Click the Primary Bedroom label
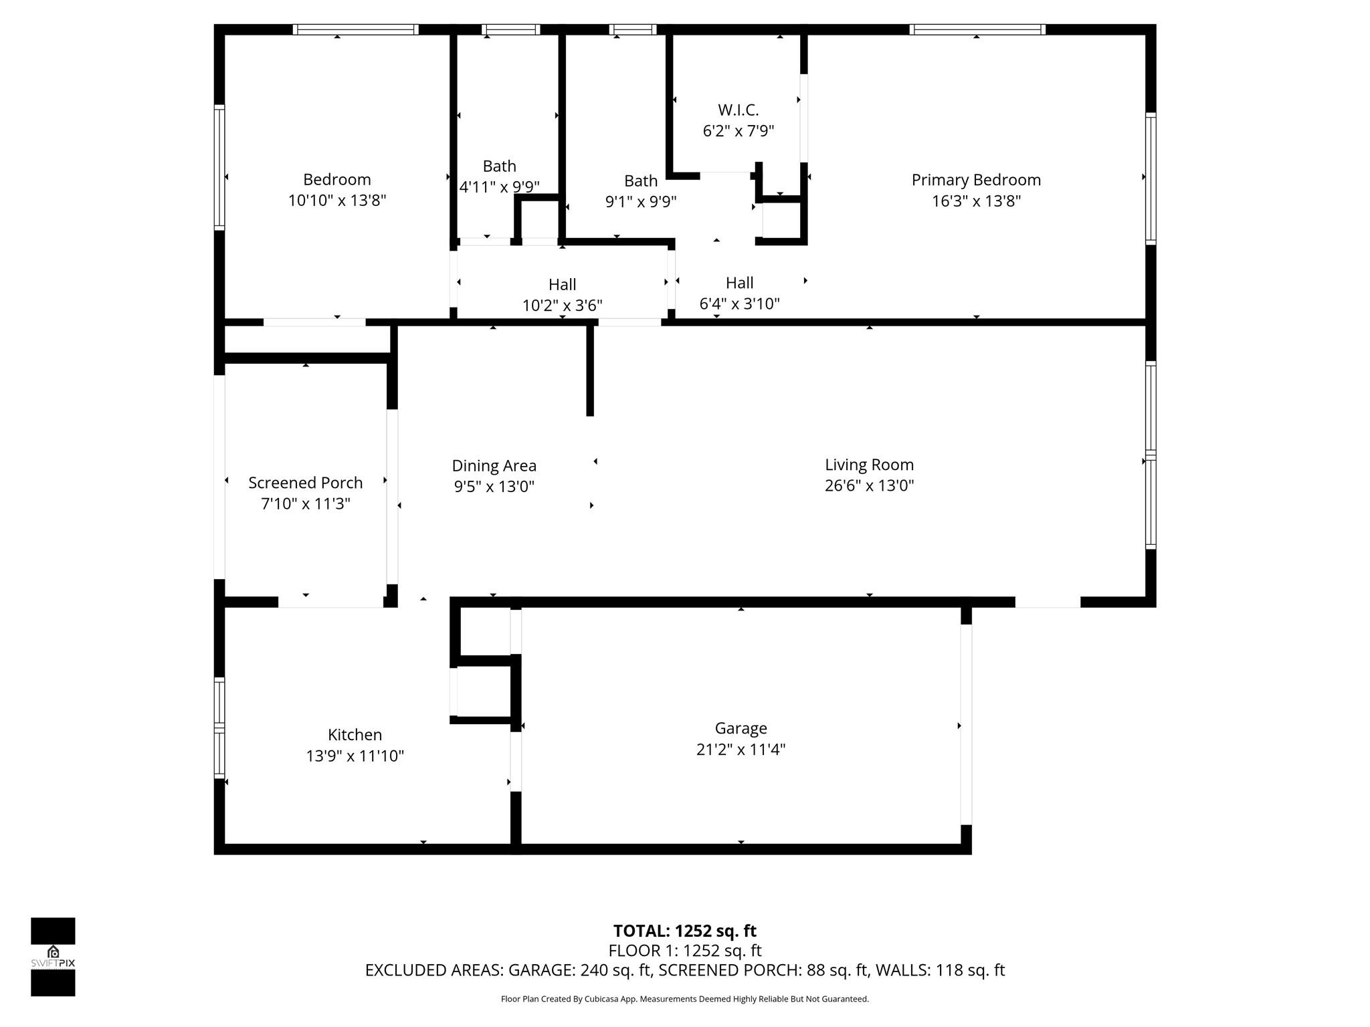coord(976,180)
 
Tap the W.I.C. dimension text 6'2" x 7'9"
coord(738,131)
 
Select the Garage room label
coord(741,728)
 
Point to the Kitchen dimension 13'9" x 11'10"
coord(355,756)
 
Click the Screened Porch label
coord(305,483)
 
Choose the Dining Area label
coord(494,465)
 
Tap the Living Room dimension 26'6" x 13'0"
coord(869,485)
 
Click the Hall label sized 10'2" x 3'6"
coord(562,285)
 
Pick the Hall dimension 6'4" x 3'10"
coord(739,304)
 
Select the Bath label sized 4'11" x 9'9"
coord(499,166)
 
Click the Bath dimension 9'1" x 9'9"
coord(641,201)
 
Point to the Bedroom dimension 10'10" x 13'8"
coord(337,201)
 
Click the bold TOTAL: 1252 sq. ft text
coord(684,931)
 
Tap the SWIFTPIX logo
coord(53,957)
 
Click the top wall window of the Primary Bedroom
coord(977,29)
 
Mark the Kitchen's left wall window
coord(219,727)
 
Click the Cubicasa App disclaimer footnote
coord(684,999)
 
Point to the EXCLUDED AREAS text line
coord(684,970)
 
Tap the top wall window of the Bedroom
coord(355,29)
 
